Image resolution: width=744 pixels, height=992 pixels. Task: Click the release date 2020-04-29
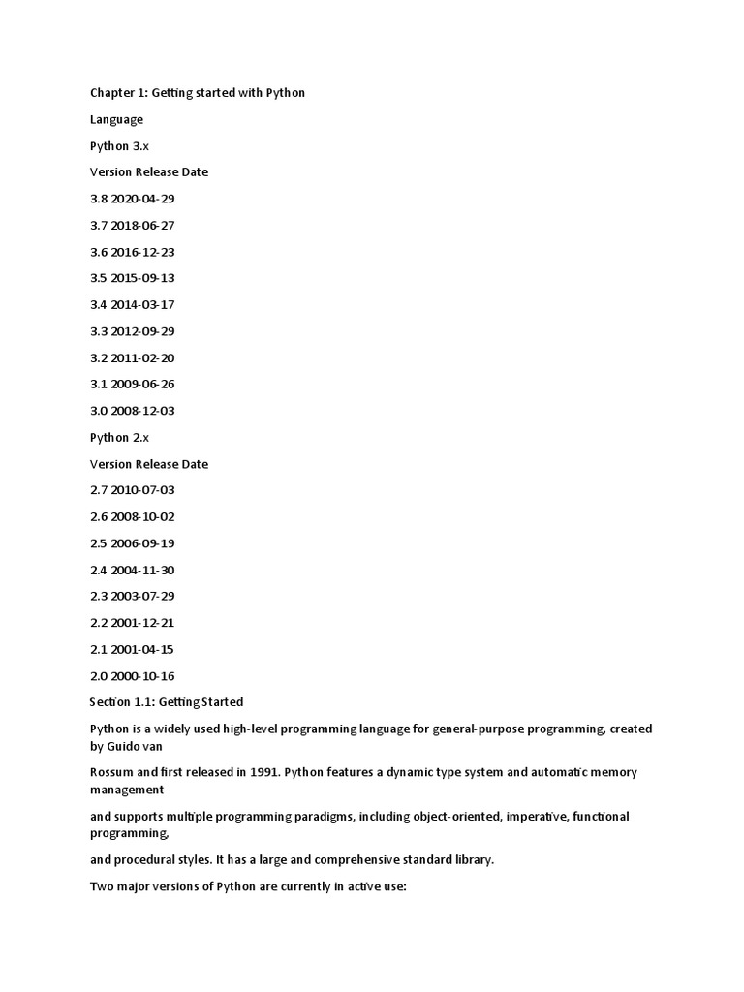click(142, 199)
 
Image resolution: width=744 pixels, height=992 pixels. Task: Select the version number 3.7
click(98, 225)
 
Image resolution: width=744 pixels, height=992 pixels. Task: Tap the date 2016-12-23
click(142, 252)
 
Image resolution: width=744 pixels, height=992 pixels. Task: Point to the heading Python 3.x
click(120, 145)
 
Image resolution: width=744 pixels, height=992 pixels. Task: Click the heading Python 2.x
click(120, 437)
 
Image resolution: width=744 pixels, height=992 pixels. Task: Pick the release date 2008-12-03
click(142, 411)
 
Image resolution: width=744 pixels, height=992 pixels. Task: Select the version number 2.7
click(98, 490)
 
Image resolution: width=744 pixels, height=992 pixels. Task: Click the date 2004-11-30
click(142, 570)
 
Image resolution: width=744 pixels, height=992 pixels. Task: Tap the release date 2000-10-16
click(142, 676)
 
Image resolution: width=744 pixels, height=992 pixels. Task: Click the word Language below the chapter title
click(116, 119)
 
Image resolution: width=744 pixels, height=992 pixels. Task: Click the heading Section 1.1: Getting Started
click(167, 701)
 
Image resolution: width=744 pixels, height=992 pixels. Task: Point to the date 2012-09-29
click(142, 331)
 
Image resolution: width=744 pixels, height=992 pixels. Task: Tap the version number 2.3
click(98, 596)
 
